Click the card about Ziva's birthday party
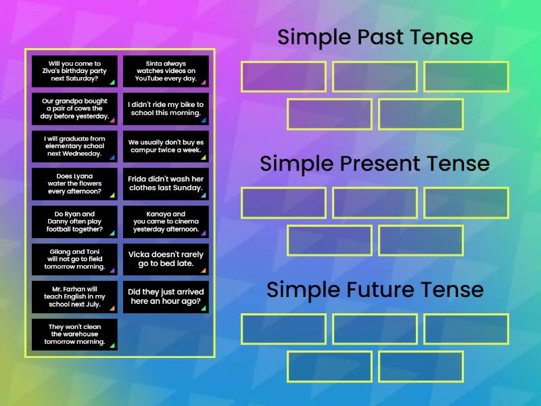(x=74, y=71)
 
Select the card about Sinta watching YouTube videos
(x=166, y=71)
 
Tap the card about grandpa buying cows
(x=74, y=108)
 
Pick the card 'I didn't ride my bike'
(x=166, y=108)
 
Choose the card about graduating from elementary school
(x=74, y=146)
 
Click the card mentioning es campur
(x=166, y=146)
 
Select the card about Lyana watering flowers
(x=74, y=184)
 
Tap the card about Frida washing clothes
(x=166, y=184)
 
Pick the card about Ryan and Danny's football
(x=74, y=221)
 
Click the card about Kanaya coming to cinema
(x=166, y=221)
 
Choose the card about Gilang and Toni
(x=74, y=259)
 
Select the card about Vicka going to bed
(x=166, y=259)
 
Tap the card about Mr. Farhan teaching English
(x=74, y=297)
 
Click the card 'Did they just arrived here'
(x=166, y=297)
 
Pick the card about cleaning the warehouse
(x=74, y=334)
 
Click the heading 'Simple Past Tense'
(x=375, y=37)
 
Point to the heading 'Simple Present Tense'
(x=375, y=164)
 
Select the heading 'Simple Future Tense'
(x=375, y=290)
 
